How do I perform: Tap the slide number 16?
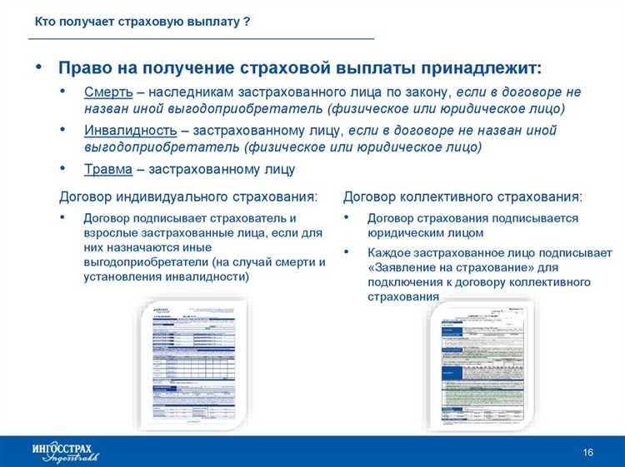(587, 452)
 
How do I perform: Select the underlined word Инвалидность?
(130, 130)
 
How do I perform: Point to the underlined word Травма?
(107, 169)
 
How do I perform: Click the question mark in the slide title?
(247, 22)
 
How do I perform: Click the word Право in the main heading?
(84, 67)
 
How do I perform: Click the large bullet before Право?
(38, 67)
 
